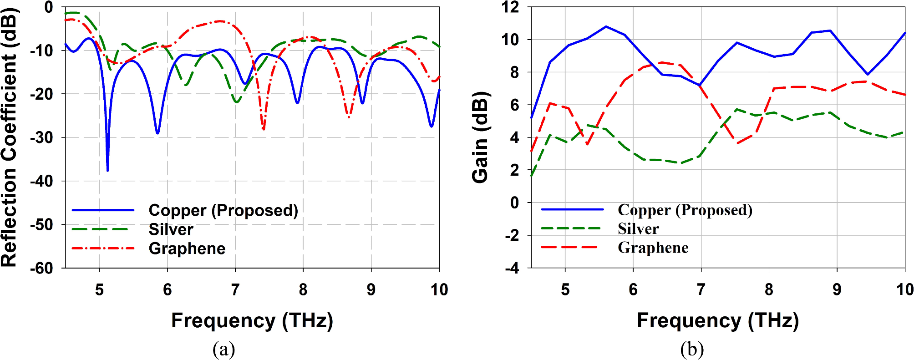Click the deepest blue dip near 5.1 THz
(107, 169)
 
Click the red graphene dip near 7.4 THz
(263, 128)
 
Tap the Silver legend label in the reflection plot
(171, 229)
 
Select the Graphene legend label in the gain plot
(653, 248)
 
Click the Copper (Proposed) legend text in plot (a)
(223, 210)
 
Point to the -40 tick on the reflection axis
(42, 181)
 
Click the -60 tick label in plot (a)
(42, 268)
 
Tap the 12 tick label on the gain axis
(510, 7)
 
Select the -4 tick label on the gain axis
(512, 268)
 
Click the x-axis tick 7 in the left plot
(235, 289)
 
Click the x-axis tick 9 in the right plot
(837, 289)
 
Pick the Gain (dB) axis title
(480, 137)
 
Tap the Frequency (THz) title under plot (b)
(717, 320)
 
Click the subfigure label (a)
(223, 350)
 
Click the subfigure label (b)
(692, 350)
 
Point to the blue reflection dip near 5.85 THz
(157, 132)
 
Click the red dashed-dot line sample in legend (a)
(103, 248)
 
